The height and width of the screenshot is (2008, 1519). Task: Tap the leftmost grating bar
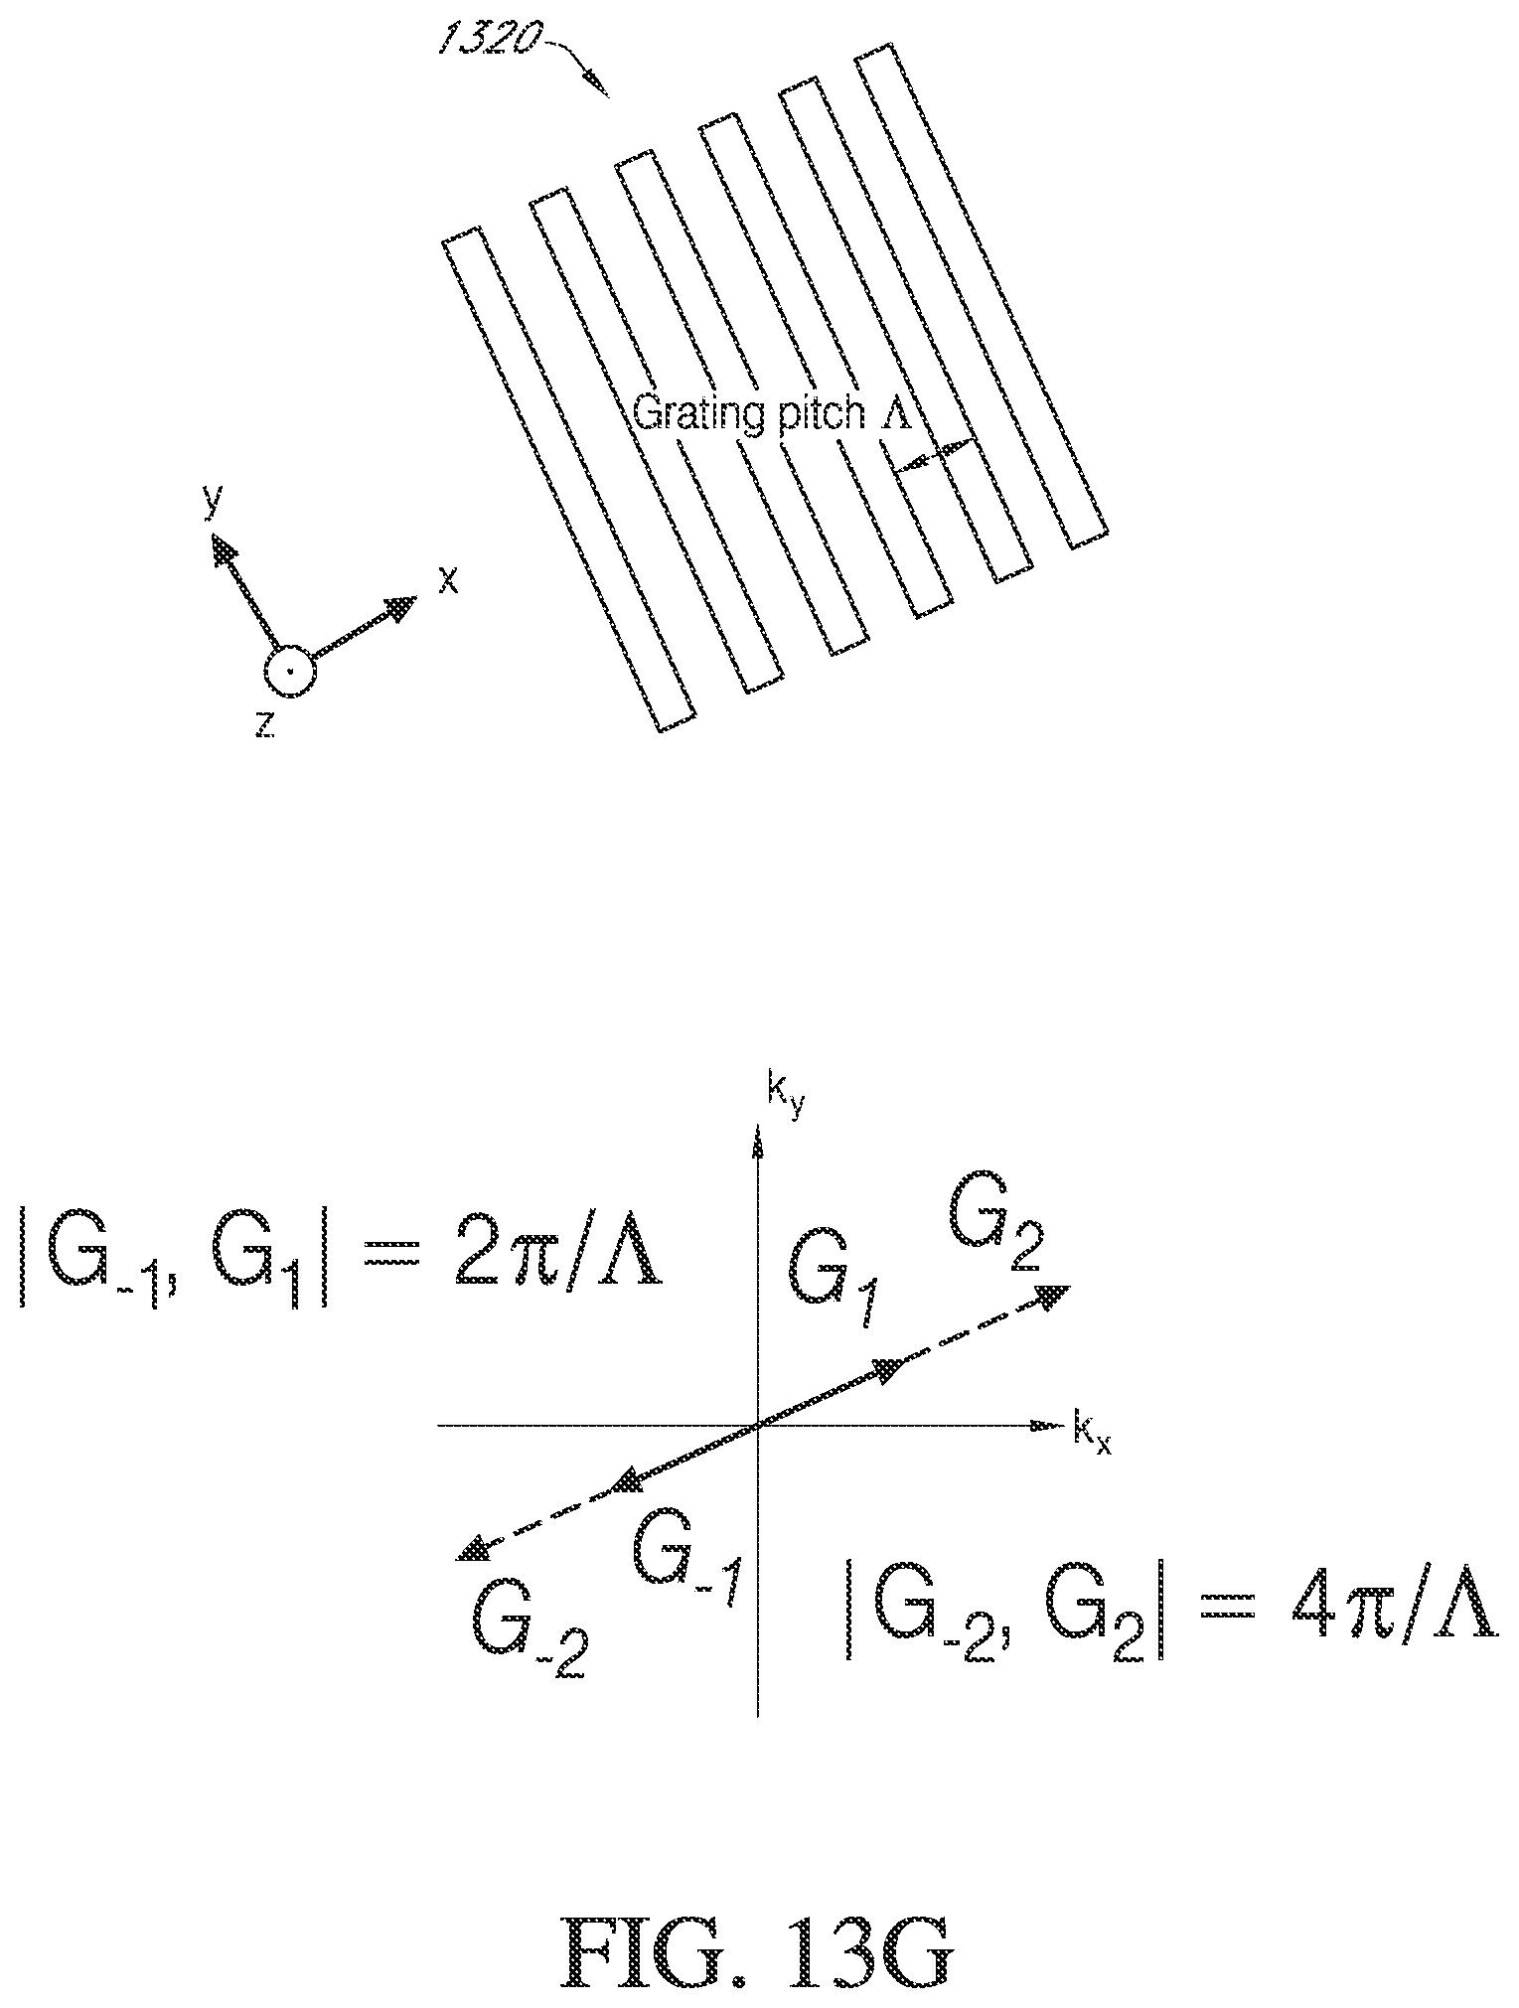pos(567,480)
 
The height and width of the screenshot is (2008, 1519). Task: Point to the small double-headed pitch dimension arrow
pos(935,455)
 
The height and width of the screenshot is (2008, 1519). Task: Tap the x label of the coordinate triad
pos(449,581)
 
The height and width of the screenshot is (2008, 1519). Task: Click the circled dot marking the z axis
pos(290,672)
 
